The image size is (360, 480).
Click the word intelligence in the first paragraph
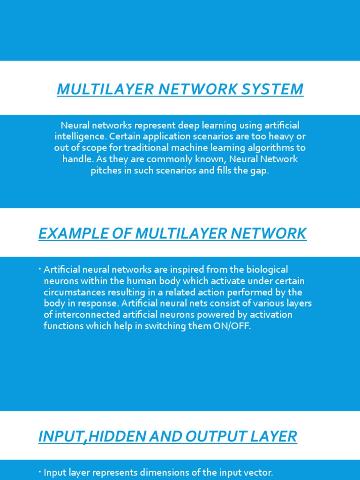pyautogui.click(x=77, y=136)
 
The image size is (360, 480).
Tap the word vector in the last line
pyautogui.click(x=259, y=473)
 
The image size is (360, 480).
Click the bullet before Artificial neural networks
pyautogui.click(x=40, y=268)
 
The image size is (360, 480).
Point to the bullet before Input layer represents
pyautogui.click(x=40, y=472)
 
